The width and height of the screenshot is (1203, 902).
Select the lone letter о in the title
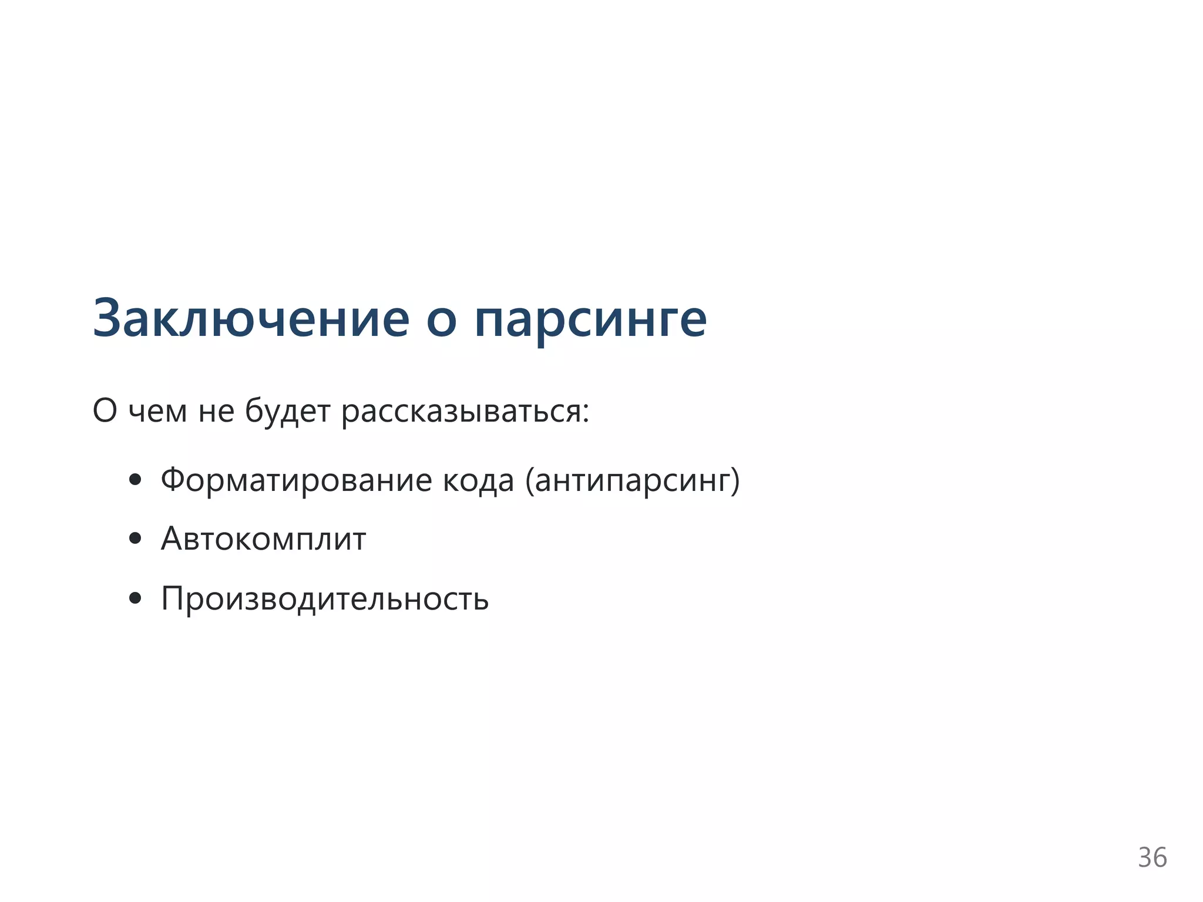[x=441, y=322]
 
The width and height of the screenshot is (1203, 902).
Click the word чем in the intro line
[x=157, y=411]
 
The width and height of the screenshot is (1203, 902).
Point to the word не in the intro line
[x=216, y=411]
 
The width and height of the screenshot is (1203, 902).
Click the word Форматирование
[x=296, y=480]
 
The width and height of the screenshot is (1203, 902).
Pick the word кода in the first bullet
[x=478, y=480]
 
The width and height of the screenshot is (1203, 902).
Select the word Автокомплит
[x=263, y=538]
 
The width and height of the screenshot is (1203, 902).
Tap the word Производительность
[x=325, y=599]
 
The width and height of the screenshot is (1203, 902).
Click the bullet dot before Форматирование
[x=135, y=480]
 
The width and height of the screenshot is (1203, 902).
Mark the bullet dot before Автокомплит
[x=135, y=538]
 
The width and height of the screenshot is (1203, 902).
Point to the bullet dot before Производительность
[x=135, y=598]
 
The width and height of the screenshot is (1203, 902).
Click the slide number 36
[x=1152, y=858]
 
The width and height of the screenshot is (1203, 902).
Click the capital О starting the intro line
[x=105, y=410]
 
